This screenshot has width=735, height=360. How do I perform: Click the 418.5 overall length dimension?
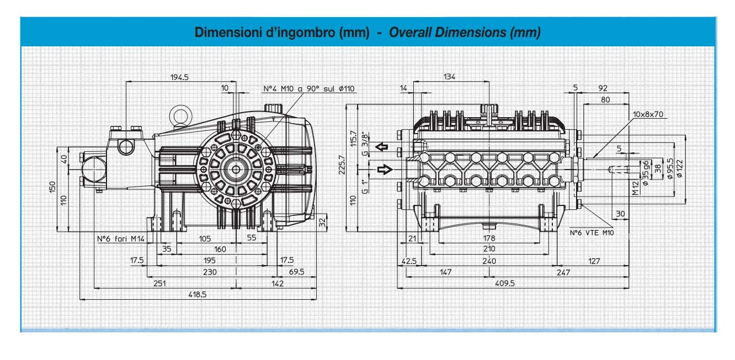197,294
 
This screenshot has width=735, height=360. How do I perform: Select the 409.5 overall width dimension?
505,283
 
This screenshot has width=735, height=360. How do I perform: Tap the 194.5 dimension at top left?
179,77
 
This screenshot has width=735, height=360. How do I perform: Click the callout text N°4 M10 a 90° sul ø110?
309,89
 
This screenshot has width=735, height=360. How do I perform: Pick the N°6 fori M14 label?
121,239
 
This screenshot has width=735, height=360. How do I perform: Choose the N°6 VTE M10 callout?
592,233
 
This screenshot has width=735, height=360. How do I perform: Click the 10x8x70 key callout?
648,114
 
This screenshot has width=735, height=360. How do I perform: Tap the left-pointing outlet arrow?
382,146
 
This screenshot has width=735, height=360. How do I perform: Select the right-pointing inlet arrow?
385,170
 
